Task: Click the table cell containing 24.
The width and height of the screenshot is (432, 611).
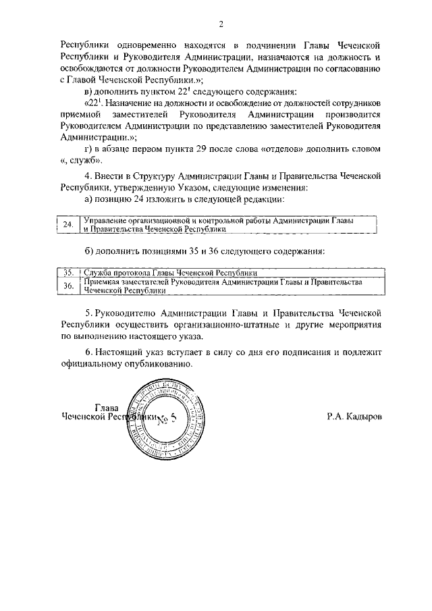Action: click(67, 225)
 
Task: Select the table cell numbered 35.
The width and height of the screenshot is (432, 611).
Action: click(67, 273)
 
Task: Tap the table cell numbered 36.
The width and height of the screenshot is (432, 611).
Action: click(67, 286)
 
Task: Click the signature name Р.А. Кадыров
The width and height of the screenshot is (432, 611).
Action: click(355, 417)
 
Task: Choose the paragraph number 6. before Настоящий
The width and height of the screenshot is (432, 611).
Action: click(89, 352)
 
